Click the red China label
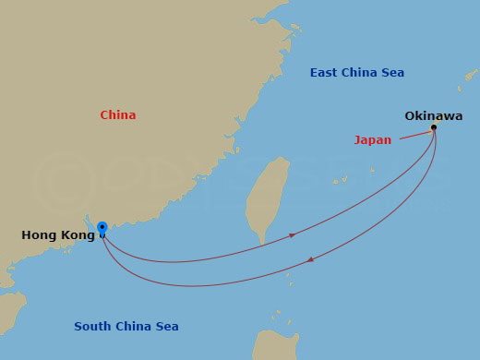click(x=118, y=115)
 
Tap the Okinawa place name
click(x=433, y=116)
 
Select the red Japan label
click(x=373, y=140)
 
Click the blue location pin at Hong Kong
click(x=102, y=228)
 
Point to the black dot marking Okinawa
click(x=434, y=128)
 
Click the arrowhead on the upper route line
click(x=293, y=235)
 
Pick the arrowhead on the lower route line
click(x=309, y=259)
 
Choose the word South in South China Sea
click(x=92, y=327)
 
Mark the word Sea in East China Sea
click(x=392, y=73)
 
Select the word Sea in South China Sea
click(x=166, y=327)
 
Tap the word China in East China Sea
click(x=360, y=73)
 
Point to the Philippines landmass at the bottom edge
click(x=277, y=346)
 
